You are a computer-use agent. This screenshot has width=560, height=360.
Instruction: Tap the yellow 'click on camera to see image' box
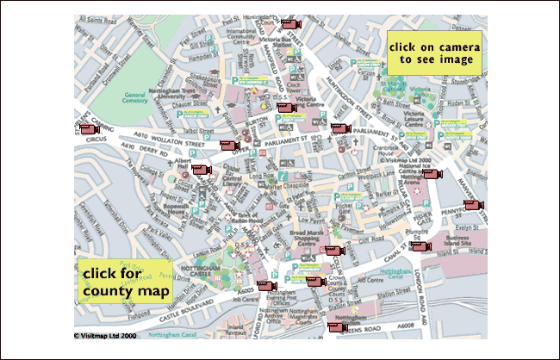tap(431, 53)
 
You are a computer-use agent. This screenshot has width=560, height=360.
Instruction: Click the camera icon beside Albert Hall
tap(201, 170)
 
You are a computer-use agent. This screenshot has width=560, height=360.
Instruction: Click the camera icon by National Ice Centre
tap(430, 173)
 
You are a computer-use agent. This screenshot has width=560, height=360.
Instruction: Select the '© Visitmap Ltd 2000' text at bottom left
tap(105, 335)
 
